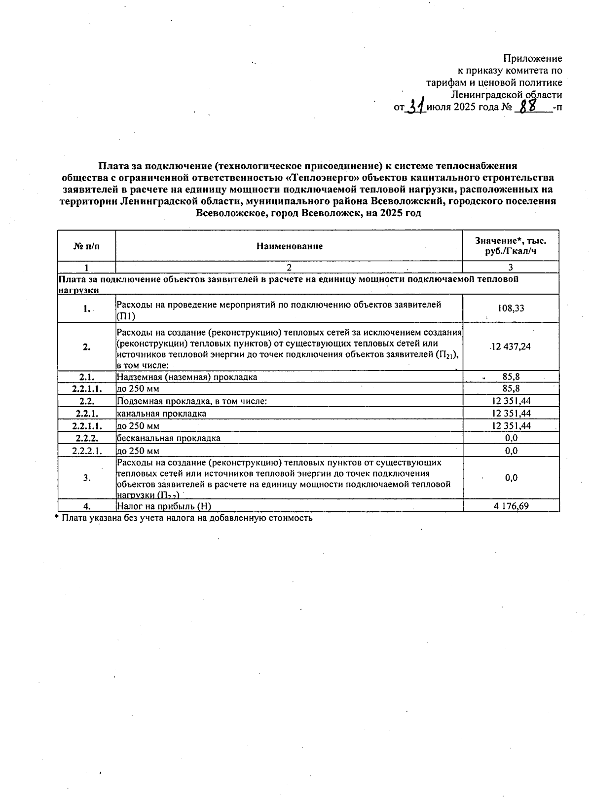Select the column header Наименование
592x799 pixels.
289,246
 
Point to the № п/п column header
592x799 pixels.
86,246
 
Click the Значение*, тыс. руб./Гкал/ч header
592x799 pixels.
511,246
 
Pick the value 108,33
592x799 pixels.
511,308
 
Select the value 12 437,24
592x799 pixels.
511,346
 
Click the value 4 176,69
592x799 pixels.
511,506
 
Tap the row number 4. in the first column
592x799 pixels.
87,506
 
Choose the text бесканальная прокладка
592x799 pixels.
169,438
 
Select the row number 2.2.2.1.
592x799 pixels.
87,451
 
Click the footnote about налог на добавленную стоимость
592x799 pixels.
184,518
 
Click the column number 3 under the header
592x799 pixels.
511,267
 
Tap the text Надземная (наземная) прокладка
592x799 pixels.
187,377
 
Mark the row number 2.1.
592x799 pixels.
87,377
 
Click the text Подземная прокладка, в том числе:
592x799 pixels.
192,401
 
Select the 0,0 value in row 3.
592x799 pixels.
511,478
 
